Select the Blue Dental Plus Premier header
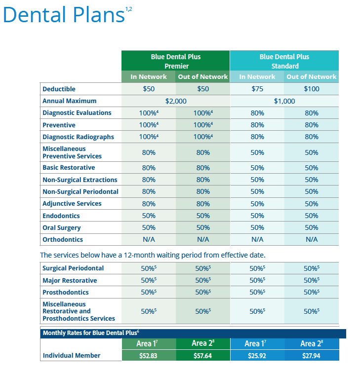pos(176,61)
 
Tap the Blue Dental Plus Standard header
pos(284,61)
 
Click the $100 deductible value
pos(312,89)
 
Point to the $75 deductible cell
pos(257,89)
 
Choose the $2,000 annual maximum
pos(176,101)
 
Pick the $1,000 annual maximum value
pos(284,101)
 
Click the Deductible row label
pos(59,89)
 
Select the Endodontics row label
pos(61,216)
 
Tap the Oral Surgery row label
pos(62,228)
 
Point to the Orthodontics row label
pos(63,240)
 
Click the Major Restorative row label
pos(70,280)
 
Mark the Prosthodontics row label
pos(66,293)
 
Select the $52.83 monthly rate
pos(148,356)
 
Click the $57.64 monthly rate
pos(202,356)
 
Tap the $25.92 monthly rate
pos(257,356)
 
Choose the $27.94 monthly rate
pos(311,356)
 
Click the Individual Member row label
pos(72,355)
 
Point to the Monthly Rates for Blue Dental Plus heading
pos(91,333)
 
